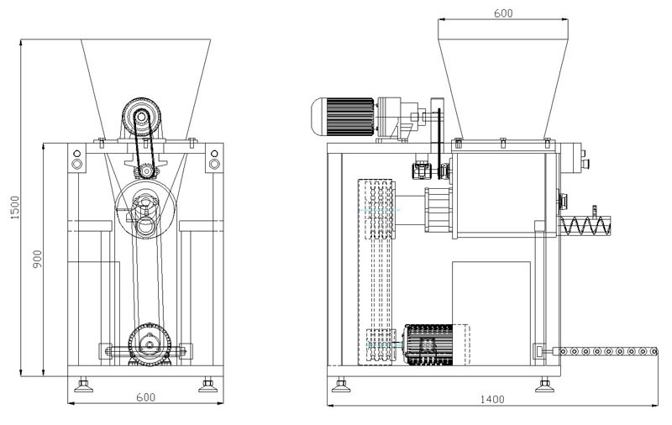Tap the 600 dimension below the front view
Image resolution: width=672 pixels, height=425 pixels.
[x=146, y=397]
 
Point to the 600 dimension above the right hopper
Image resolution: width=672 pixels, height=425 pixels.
[x=503, y=13]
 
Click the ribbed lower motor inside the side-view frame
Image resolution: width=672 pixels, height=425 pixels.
[x=432, y=344]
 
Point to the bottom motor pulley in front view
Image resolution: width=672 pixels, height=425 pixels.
[x=151, y=344]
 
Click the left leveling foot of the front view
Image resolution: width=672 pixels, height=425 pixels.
[x=84, y=386]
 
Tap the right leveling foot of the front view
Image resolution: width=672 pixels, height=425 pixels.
[x=207, y=386]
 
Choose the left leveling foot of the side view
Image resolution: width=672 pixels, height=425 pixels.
[x=341, y=386]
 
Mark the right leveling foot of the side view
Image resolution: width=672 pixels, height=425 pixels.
[x=543, y=386]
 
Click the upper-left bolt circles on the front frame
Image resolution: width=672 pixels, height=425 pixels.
[x=76, y=160]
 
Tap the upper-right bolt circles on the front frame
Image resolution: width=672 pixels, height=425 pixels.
[x=213, y=160]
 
